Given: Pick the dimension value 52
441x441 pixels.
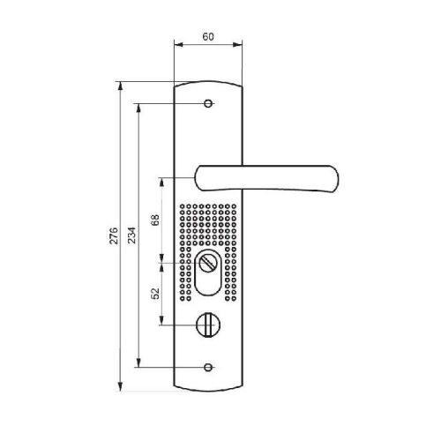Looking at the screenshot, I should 155,294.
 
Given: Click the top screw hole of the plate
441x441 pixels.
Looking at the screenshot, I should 209,104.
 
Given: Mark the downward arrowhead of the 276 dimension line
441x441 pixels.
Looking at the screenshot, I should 121,385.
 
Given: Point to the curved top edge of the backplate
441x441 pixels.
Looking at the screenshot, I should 209,81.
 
